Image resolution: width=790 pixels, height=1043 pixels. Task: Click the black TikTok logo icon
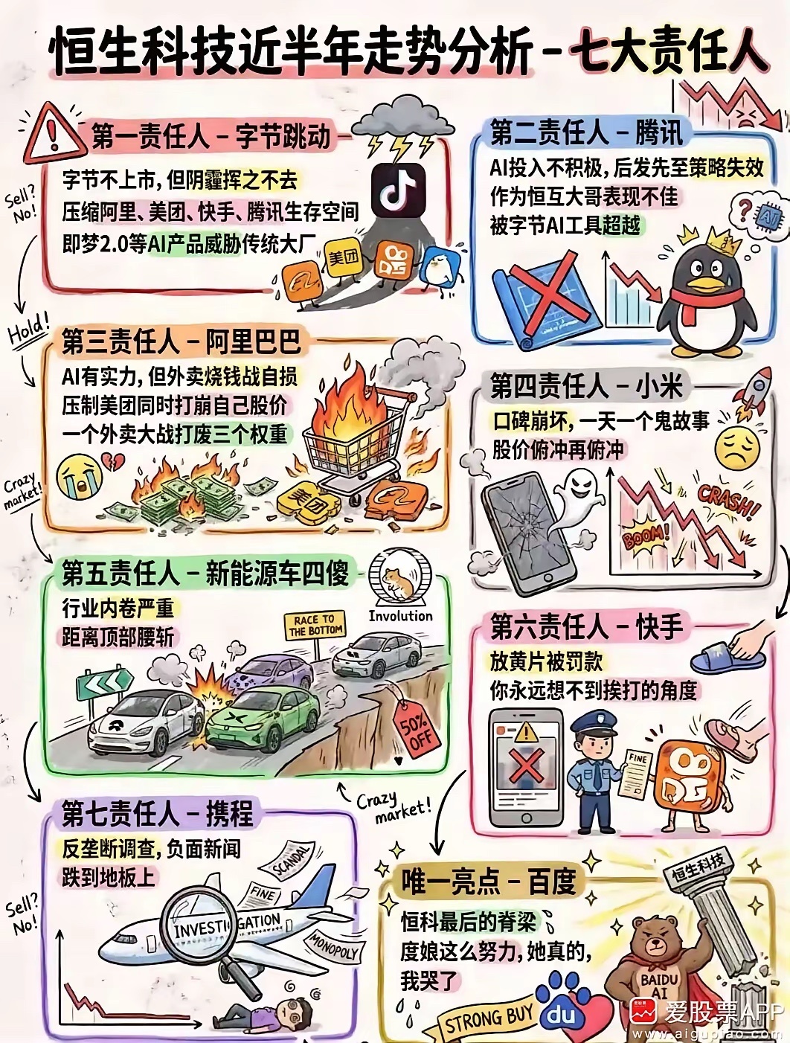[398, 190]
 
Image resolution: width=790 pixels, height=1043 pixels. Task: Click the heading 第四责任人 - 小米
[586, 387]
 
